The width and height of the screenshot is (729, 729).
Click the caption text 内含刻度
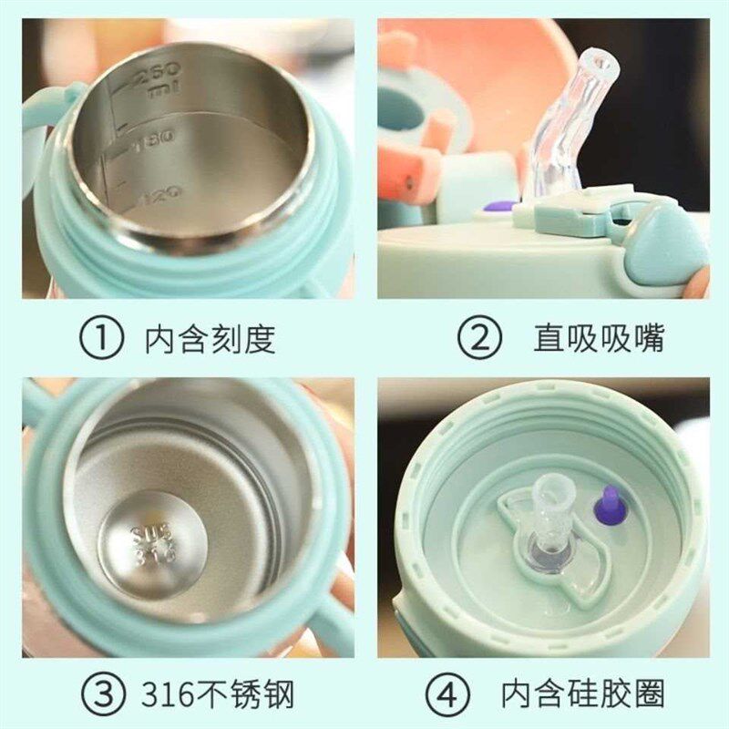click(210, 339)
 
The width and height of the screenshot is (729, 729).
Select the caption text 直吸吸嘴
click(599, 339)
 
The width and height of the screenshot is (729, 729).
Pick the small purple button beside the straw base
click(498, 206)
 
